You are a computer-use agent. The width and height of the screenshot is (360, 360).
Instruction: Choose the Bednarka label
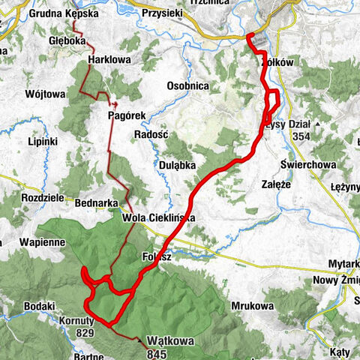(x=94, y=202)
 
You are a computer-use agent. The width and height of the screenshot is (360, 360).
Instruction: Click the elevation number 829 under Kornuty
(x=84, y=333)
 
